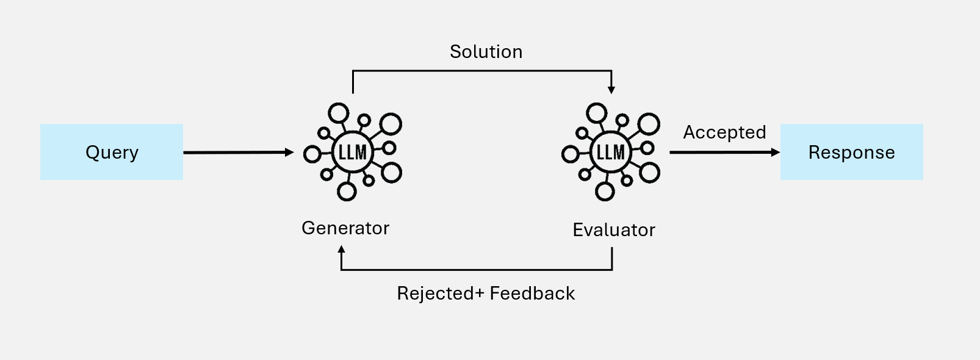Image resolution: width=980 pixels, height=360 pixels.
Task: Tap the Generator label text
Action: [x=345, y=228]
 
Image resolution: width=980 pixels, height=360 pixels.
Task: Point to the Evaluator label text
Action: [x=614, y=230]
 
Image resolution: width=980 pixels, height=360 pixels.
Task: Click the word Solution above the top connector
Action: [x=486, y=52]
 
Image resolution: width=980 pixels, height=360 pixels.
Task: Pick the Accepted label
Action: [x=724, y=132]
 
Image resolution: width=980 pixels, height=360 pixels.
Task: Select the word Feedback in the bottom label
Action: [x=532, y=293]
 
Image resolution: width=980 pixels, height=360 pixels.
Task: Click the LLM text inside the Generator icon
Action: [x=353, y=152]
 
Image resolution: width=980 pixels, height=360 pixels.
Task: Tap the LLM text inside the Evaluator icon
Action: [x=611, y=152]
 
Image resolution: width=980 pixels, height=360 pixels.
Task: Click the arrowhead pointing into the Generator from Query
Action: [x=290, y=153]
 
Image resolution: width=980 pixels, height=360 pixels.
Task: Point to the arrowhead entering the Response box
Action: [x=776, y=152]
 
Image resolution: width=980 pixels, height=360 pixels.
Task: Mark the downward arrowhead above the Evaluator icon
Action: [x=611, y=90]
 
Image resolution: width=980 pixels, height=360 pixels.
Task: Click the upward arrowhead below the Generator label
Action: [x=342, y=250]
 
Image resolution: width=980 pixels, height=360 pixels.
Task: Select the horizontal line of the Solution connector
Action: [x=482, y=71]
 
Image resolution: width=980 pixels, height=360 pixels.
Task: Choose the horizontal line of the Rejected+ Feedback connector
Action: [x=476, y=270]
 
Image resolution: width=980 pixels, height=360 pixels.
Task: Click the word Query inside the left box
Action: [x=112, y=152]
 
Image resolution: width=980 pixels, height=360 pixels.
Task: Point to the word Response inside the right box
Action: [x=851, y=152]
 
